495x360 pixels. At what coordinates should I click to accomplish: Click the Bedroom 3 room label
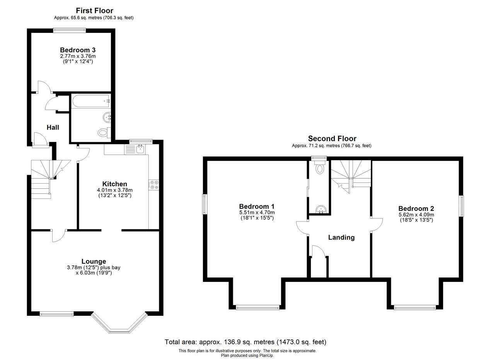(x=78, y=50)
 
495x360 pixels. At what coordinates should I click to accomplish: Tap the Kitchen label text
(x=115, y=184)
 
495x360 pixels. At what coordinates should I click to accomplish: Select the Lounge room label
(x=94, y=261)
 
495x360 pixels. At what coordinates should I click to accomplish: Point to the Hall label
(x=53, y=127)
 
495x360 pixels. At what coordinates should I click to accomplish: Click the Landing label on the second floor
(x=341, y=237)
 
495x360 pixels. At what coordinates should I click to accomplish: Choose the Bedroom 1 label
(x=257, y=206)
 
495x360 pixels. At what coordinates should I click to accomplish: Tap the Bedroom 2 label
(x=416, y=208)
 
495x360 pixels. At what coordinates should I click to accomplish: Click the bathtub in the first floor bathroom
(x=91, y=101)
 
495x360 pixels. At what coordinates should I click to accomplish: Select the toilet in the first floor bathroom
(x=104, y=133)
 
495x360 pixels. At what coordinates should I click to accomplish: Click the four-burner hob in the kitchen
(x=154, y=185)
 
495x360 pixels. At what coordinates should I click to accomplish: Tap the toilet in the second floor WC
(x=320, y=168)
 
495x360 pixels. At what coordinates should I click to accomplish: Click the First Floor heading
(x=95, y=10)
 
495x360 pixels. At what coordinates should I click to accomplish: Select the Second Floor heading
(x=332, y=138)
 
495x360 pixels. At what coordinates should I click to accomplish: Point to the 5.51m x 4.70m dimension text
(x=257, y=212)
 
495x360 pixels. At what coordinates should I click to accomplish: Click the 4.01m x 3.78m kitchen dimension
(x=115, y=190)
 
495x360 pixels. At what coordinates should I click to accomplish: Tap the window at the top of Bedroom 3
(x=69, y=30)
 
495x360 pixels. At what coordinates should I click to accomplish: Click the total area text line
(x=246, y=342)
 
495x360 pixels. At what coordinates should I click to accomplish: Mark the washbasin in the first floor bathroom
(x=107, y=117)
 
